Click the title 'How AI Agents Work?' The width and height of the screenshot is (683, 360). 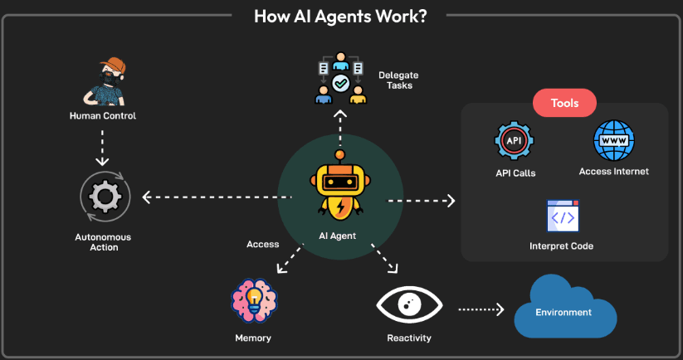pyautogui.click(x=340, y=17)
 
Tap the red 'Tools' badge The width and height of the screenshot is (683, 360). pyautogui.click(x=565, y=104)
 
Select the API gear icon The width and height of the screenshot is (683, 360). pyautogui.click(x=515, y=142)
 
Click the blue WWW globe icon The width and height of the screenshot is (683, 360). pyautogui.click(x=614, y=140)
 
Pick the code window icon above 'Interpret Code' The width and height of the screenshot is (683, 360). pyautogui.click(x=563, y=216)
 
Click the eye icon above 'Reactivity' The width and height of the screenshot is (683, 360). pyautogui.click(x=409, y=305)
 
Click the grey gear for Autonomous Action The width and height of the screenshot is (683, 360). pyautogui.click(x=103, y=198)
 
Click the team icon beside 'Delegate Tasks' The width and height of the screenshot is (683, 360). pyautogui.click(x=340, y=80)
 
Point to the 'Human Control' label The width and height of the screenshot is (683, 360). pyautogui.click(x=103, y=116)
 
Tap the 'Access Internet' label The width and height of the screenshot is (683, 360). pyautogui.click(x=613, y=172)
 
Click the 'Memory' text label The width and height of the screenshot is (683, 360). pyautogui.click(x=252, y=338)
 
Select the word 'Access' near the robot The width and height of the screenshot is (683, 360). pyautogui.click(x=263, y=244)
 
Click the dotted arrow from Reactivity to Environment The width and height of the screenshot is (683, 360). pyautogui.click(x=481, y=309)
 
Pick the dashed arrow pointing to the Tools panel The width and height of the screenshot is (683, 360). pyautogui.click(x=422, y=201)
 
